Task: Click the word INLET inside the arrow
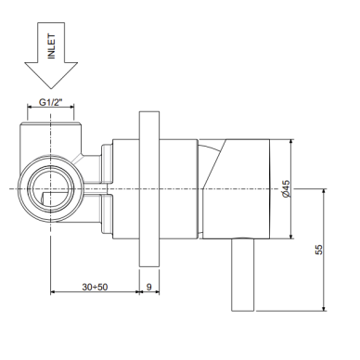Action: pyautogui.click(x=51, y=46)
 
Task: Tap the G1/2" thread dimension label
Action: pyautogui.click(x=51, y=102)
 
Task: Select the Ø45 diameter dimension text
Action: pyautogui.click(x=287, y=189)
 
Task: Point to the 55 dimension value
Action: pyautogui.click(x=319, y=250)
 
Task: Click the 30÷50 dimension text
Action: pyautogui.click(x=95, y=287)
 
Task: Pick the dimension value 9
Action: pyautogui.click(x=149, y=287)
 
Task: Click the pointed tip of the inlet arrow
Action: pyautogui.click(x=51, y=88)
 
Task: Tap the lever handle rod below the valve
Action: pyautogui.click(x=243, y=275)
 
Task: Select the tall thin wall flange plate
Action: pyautogui.click(x=149, y=189)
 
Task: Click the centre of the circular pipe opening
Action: pyautogui.click(x=51, y=189)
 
